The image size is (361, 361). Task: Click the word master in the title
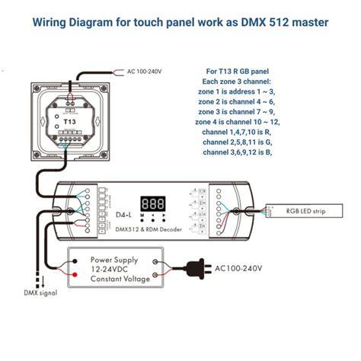point(305,22)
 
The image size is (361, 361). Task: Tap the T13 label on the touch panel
point(69,121)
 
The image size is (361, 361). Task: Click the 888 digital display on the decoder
point(153,203)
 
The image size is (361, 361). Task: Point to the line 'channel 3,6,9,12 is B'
point(238,152)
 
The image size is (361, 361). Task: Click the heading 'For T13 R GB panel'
point(238,71)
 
